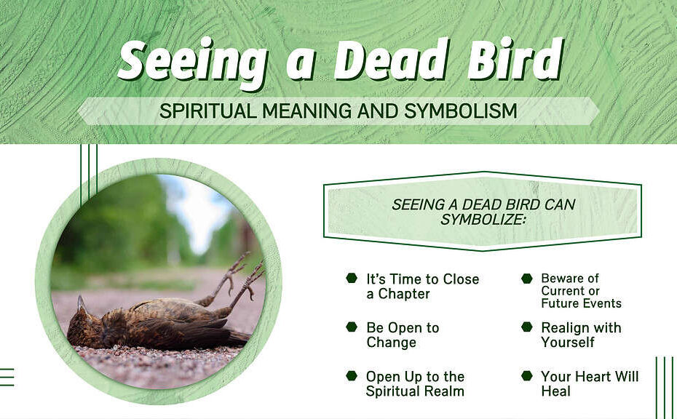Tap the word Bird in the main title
click(515, 60)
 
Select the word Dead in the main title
click(391, 60)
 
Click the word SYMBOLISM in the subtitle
click(461, 111)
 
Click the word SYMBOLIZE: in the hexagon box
click(483, 219)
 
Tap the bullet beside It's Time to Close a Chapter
click(352, 278)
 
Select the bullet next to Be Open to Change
click(352, 327)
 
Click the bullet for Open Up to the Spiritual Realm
click(352, 375)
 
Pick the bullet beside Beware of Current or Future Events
click(527, 279)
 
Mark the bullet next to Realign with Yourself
click(527, 327)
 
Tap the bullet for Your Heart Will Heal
click(527, 375)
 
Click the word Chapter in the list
click(404, 295)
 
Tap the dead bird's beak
click(81, 303)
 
